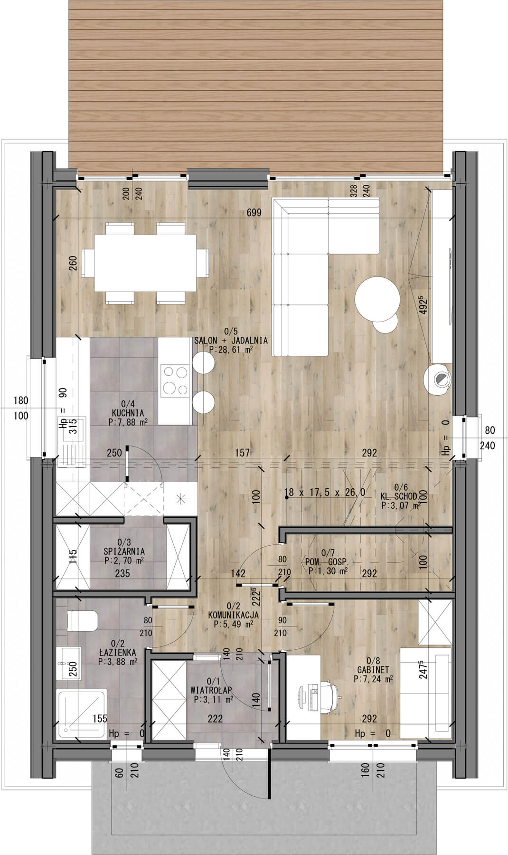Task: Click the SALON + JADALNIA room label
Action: [231, 341]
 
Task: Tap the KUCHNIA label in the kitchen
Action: [125, 413]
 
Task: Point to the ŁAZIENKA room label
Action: [118, 652]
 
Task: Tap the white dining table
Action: [146, 264]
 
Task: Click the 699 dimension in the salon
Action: [254, 213]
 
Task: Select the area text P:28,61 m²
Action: [231, 349]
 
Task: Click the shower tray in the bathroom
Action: [82, 714]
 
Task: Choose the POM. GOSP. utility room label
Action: [327, 561]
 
